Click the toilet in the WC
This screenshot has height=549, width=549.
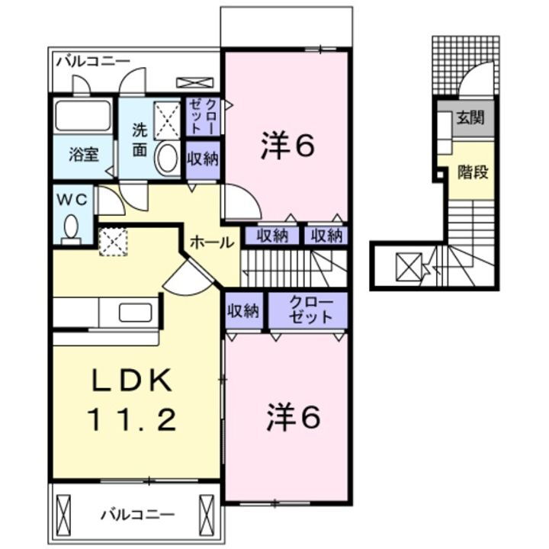[72, 228]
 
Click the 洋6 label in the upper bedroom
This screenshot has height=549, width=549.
[287, 147]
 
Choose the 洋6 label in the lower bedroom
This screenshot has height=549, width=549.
[293, 416]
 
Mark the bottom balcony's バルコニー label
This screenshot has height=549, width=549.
[138, 514]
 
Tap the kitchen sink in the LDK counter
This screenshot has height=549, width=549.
[136, 313]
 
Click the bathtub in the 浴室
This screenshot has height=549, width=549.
[82, 117]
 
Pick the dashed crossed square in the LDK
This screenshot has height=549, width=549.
[113, 242]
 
